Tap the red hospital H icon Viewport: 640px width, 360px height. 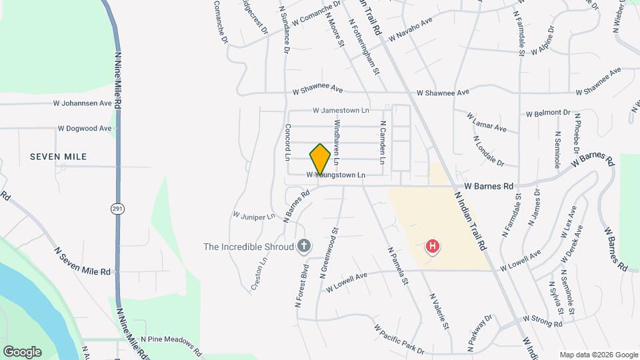tap(433, 247)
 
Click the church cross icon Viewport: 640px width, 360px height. tap(304, 247)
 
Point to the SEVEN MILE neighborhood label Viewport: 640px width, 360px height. tap(59, 157)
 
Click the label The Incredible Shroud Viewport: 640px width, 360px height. tap(249, 247)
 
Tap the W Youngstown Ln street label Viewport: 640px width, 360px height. tap(336, 175)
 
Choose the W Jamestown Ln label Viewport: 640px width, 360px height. tap(341, 110)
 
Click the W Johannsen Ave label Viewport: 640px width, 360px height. tap(83, 103)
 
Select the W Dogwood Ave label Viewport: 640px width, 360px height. tap(85, 128)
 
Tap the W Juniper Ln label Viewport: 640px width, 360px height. tap(253, 216)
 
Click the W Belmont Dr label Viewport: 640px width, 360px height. tap(548, 113)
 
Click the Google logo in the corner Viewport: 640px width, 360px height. tap(22, 352)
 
